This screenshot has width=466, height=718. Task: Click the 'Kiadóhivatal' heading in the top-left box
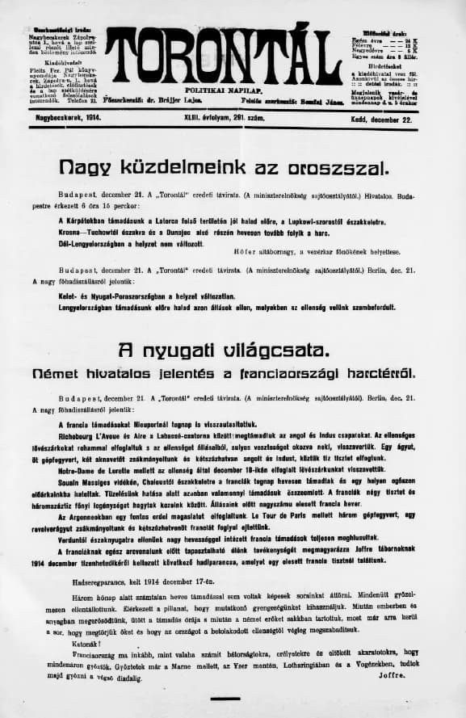click(49, 61)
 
